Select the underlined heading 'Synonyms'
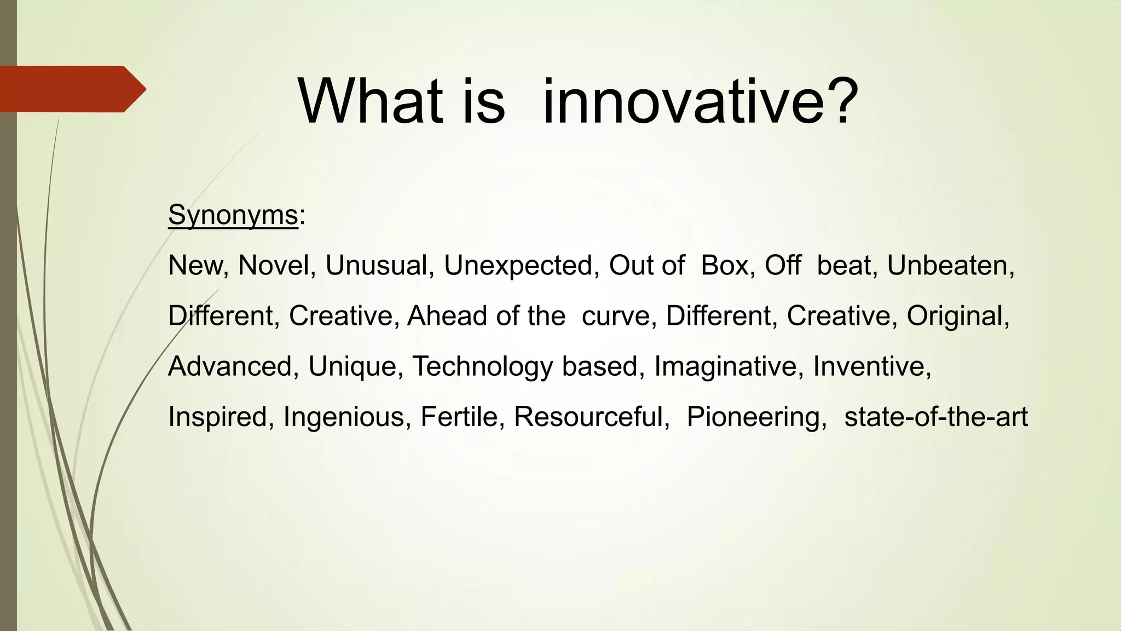pos(233,215)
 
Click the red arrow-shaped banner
pos(71,89)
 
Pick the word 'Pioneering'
pos(756,417)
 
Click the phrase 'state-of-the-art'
pos(936,417)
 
